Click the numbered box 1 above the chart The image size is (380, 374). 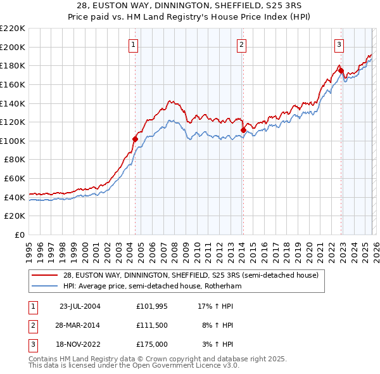tap(134, 44)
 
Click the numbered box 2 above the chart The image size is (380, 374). tap(242, 44)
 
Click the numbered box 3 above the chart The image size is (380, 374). tap(339, 44)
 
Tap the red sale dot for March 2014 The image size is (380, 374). tap(243, 130)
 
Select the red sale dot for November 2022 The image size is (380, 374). tap(341, 70)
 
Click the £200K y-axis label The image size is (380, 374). tap(13, 47)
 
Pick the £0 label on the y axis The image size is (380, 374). tap(19, 235)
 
